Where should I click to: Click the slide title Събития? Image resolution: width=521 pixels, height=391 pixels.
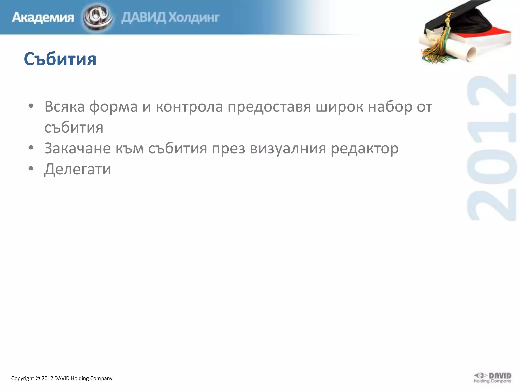tap(60, 59)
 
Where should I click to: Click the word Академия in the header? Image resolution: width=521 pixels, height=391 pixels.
tap(43, 18)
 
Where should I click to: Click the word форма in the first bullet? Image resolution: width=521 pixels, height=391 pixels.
tap(113, 107)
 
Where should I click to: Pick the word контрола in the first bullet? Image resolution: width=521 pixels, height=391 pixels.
tap(189, 107)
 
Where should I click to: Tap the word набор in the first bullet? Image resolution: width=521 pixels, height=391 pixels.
tap(390, 107)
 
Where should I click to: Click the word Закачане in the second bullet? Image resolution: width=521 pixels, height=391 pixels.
tap(77, 148)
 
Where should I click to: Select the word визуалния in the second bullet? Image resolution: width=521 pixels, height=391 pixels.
tap(288, 148)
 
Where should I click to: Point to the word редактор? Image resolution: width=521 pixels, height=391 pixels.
tap(365, 149)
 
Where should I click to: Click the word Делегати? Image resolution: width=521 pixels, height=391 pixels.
tap(78, 169)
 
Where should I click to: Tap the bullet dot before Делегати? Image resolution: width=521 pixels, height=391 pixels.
tap(31, 169)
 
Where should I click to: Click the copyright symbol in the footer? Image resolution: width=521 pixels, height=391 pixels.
tap(38, 378)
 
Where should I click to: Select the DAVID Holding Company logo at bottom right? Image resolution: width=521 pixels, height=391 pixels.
tap(492, 378)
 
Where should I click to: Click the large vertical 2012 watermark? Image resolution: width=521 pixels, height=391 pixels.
tap(491, 148)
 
